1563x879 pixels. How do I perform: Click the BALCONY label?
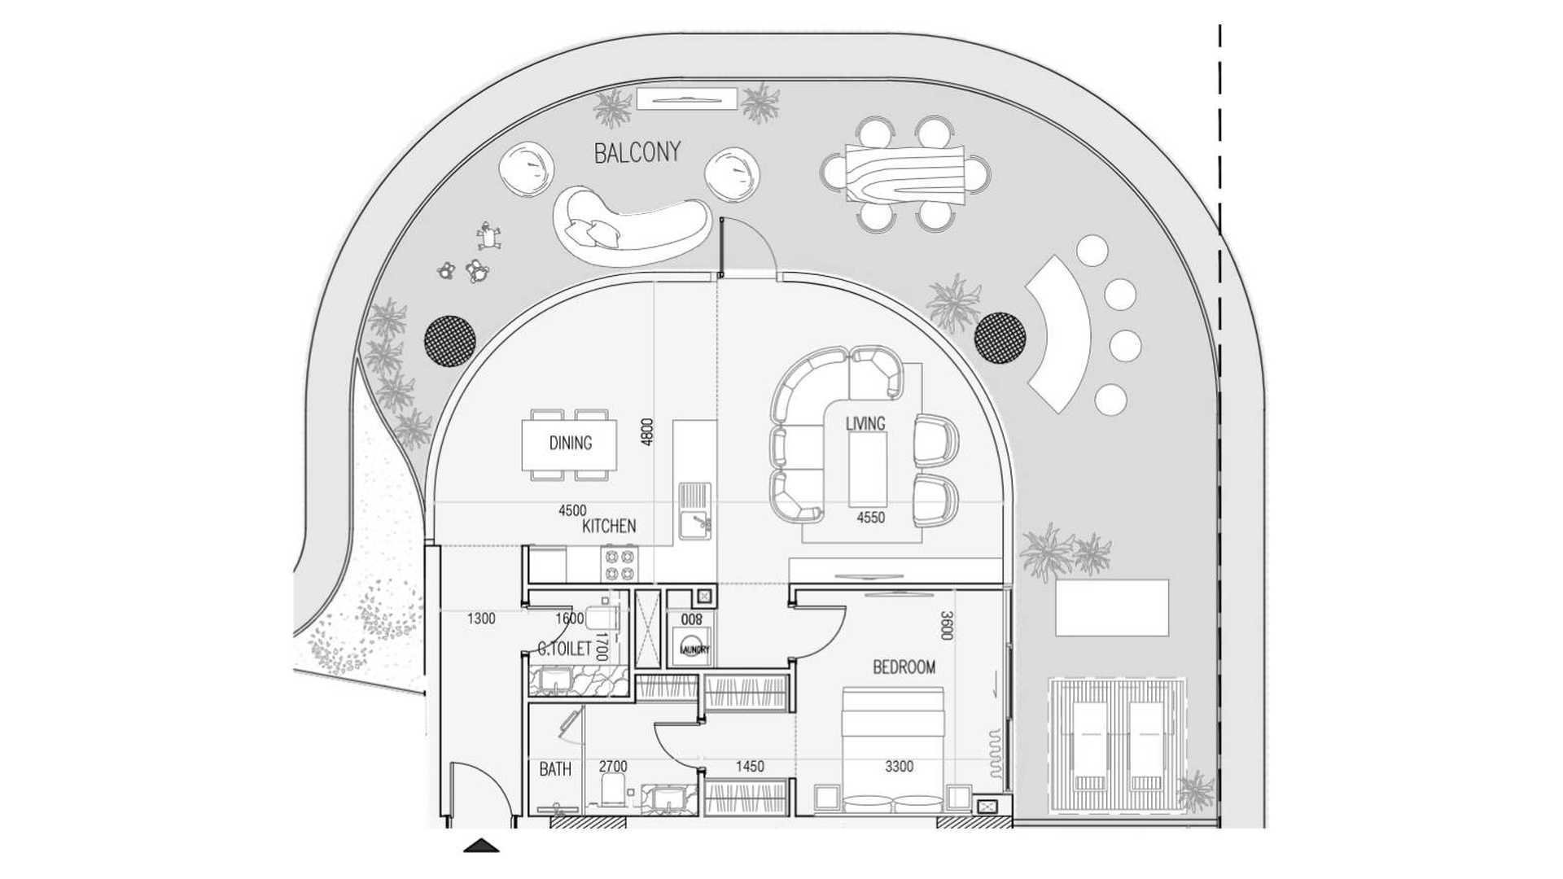(x=637, y=152)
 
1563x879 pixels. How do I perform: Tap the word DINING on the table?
(x=570, y=444)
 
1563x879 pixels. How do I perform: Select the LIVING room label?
(x=865, y=424)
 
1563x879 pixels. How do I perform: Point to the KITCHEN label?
(x=609, y=527)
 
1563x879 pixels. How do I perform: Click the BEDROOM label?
(x=904, y=667)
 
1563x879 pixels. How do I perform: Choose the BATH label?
(x=555, y=769)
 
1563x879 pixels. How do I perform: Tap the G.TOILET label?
(x=564, y=649)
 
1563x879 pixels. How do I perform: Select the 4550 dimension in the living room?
(x=870, y=518)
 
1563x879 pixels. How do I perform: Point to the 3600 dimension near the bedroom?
(x=946, y=625)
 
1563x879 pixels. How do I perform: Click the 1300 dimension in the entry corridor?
(x=481, y=619)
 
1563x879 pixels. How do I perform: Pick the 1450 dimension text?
(x=750, y=766)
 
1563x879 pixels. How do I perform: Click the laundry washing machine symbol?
(x=691, y=648)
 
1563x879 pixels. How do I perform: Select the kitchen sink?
(x=696, y=511)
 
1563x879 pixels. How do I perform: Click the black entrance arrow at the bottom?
(x=481, y=846)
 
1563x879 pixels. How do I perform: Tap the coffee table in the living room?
(x=868, y=469)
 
